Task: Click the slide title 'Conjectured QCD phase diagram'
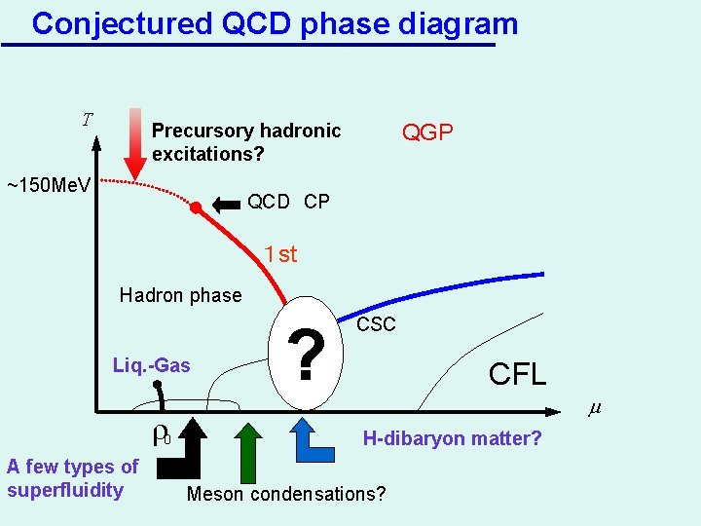274,22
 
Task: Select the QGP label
427,132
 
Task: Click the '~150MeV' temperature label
49,184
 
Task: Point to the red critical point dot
196,207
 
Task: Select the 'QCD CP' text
288,203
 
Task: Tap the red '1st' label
280,255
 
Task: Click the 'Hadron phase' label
180,295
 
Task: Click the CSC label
376,324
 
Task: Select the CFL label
517,374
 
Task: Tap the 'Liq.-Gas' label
152,366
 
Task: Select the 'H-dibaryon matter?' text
452,439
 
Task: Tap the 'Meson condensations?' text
285,494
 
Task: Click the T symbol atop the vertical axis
88,121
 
